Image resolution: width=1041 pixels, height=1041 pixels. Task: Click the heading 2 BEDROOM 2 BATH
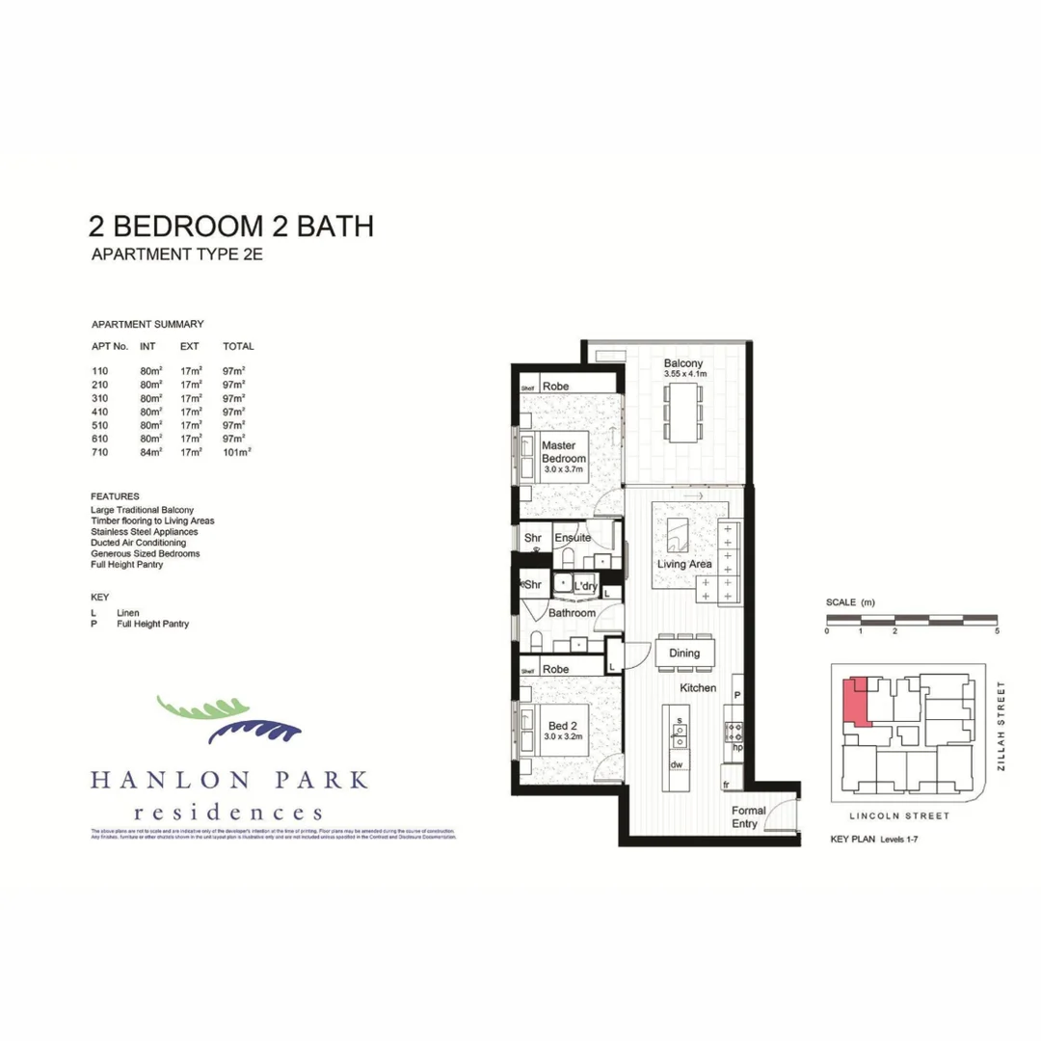(x=230, y=227)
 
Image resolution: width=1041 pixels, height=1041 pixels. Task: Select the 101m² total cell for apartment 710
(x=236, y=451)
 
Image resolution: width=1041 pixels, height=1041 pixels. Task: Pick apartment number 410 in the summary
(x=99, y=411)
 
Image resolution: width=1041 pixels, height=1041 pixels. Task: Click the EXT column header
(x=190, y=346)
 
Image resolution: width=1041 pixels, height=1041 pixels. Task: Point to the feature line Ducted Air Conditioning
(x=138, y=543)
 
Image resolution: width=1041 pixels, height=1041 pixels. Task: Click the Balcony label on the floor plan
(x=685, y=364)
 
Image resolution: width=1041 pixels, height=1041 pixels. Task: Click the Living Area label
(x=684, y=564)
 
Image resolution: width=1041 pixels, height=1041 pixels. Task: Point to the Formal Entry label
(x=749, y=817)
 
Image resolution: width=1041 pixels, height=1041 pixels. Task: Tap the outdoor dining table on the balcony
(x=685, y=412)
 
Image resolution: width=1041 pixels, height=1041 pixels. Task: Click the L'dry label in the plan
(x=585, y=586)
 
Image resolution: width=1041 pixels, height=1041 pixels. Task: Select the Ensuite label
(x=573, y=538)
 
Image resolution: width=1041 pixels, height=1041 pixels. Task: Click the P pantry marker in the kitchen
(x=736, y=694)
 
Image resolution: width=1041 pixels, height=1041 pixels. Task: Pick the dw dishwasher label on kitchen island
(x=678, y=764)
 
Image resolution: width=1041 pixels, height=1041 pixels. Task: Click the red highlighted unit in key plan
(x=854, y=702)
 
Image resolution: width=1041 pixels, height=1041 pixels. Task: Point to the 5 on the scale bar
(x=997, y=631)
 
